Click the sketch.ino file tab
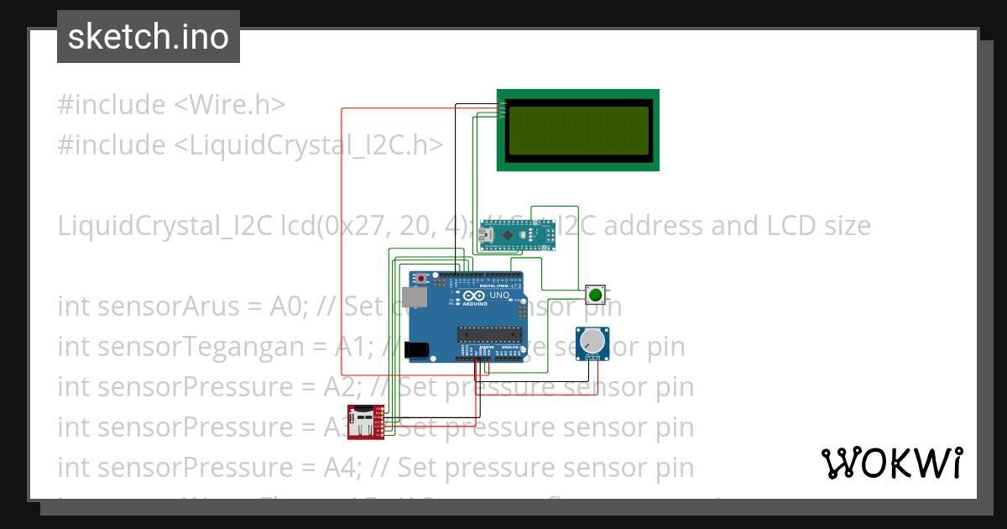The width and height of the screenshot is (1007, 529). pyautogui.click(x=149, y=37)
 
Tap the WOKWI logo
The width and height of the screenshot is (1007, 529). pyautogui.click(x=891, y=463)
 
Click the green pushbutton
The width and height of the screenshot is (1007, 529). pyautogui.click(x=595, y=295)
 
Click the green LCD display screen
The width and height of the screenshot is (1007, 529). pyautogui.click(x=577, y=130)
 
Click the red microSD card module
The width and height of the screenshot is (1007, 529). pyautogui.click(x=366, y=422)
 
